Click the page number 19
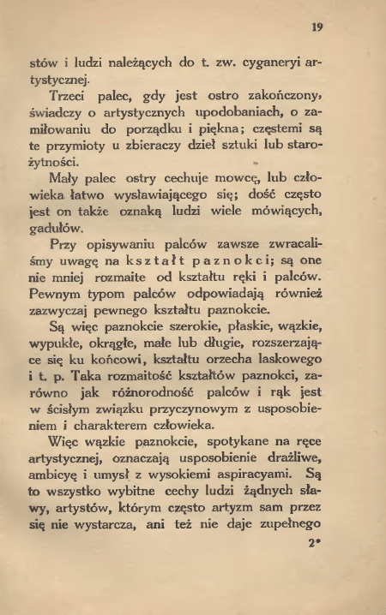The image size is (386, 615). tap(317, 27)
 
